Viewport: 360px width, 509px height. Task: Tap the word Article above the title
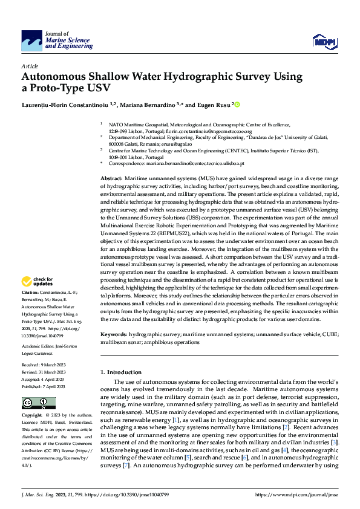pos(30,66)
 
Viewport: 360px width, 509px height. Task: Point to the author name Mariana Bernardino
pos(151,105)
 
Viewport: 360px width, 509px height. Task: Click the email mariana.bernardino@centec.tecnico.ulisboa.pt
pos(191,163)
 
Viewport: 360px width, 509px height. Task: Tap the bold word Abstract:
pos(111,180)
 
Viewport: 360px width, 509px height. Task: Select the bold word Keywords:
pos(113,334)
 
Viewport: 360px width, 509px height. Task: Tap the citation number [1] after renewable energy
pos(175,419)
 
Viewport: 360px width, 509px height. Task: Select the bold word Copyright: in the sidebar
pos(31,416)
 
